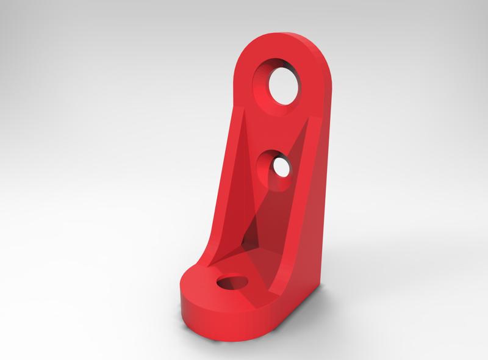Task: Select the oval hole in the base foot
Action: pos(232,283)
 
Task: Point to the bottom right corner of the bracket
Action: pos(318,287)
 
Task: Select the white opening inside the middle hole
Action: pos(282,166)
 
